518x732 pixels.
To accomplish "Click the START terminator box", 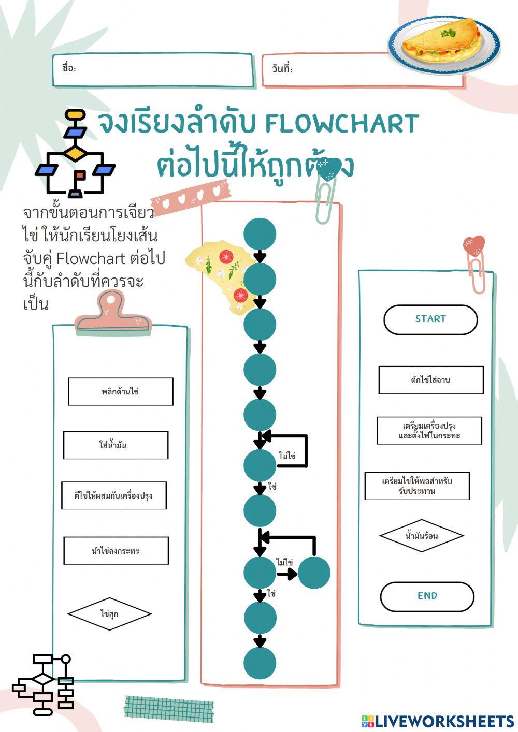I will pyautogui.click(x=430, y=319).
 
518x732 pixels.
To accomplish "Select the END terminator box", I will pyautogui.click(x=427, y=596).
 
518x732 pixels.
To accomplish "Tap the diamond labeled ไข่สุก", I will pyautogui.click(x=109, y=614).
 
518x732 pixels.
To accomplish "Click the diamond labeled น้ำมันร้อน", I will pyautogui.click(x=421, y=536).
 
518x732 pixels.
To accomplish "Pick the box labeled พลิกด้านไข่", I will pyautogui.click(x=120, y=392).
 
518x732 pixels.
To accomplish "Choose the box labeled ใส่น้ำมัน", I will pyautogui.click(x=116, y=445).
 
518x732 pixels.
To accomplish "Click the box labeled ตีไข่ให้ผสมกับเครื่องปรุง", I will pyautogui.click(x=114, y=496).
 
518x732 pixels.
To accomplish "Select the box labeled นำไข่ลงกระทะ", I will pyautogui.click(x=116, y=551).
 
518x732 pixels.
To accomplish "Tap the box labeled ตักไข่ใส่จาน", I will pyautogui.click(x=430, y=380).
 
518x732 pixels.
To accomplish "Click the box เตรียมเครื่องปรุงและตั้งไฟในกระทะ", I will pyautogui.click(x=429, y=431).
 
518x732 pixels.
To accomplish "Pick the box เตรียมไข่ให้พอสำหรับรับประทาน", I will pyautogui.click(x=417, y=486).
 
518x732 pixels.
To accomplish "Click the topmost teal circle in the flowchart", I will pyautogui.click(x=260, y=234).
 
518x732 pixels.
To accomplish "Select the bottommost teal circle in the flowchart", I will pyautogui.click(x=260, y=663).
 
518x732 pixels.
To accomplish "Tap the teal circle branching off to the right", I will pyautogui.click(x=314, y=573).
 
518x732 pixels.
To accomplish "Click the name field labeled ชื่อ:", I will pyautogui.click(x=153, y=69).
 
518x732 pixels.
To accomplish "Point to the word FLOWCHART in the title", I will pyautogui.click(x=341, y=124).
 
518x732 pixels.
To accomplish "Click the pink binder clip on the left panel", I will pyautogui.click(x=113, y=312).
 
